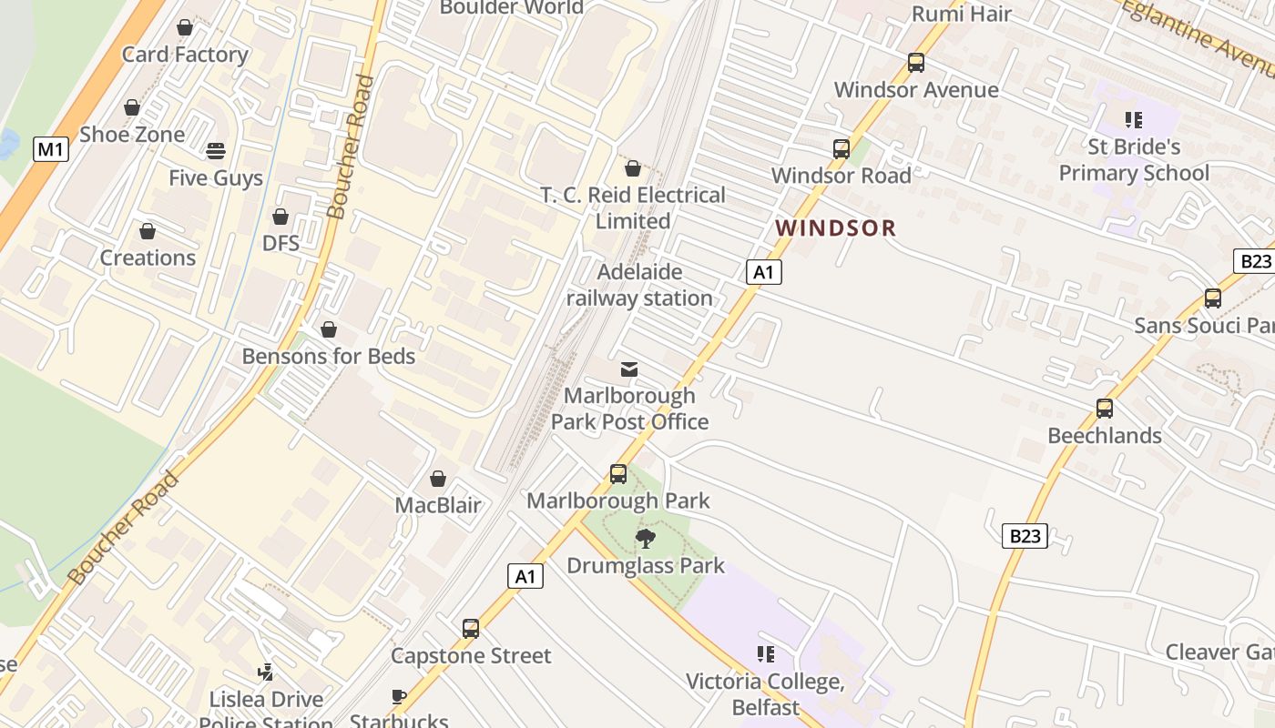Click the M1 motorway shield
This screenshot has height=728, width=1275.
pos(51,149)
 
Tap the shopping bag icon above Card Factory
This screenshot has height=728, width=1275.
pos(185,28)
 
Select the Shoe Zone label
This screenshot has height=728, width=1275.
pos(132,135)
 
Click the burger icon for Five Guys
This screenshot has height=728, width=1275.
pos(216,150)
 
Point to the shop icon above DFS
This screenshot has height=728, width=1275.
pos(280,217)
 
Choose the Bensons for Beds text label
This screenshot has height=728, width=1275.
pos(328,356)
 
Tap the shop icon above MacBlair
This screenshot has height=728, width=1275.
pos(438,479)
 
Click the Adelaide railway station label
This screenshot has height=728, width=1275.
pos(639,285)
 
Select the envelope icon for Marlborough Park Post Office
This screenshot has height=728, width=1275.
pos(628,369)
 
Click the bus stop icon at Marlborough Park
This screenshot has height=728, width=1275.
pos(618,474)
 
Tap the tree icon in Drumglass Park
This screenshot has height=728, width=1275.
pos(646,539)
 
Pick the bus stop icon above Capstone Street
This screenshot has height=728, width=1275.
pos(471,629)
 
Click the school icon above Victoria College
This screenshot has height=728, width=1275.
pos(766,654)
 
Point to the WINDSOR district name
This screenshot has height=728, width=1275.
pos(835,228)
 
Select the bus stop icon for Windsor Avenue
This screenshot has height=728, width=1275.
pos(916,63)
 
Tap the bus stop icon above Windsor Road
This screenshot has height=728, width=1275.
pos(841,149)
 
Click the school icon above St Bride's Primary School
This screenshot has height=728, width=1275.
pos(1134,120)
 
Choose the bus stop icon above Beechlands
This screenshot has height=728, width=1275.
pos(1105,409)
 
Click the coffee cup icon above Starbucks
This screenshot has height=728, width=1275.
pos(398,697)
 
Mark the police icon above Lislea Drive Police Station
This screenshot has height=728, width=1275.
pos(266,672)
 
